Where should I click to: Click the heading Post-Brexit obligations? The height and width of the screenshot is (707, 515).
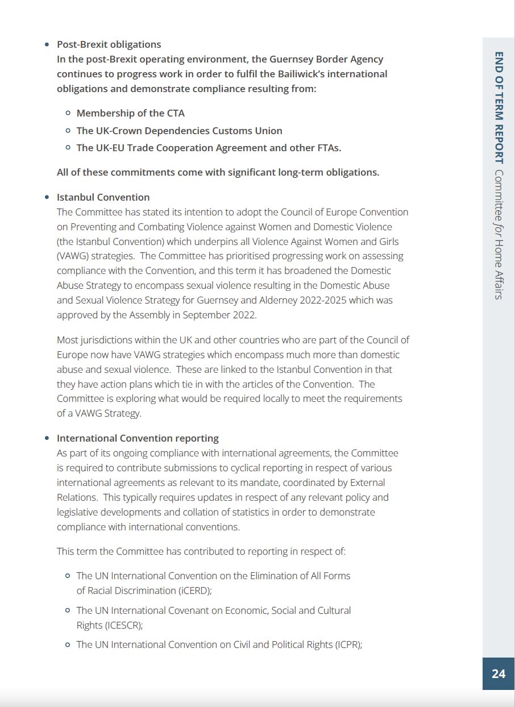tap(109, 44)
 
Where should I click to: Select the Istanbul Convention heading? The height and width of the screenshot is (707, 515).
tap(103, 197)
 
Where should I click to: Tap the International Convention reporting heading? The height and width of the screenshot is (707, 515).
tap(138, 438)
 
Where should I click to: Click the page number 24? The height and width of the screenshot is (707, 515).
tap(498, 673)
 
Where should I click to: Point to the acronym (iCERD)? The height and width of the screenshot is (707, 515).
tap(195, 590)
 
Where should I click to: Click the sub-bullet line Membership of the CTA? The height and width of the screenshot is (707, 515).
tap(130, 113)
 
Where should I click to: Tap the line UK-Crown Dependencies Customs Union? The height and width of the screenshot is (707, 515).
tap(179, 131)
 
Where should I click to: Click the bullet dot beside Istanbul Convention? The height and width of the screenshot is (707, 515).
tap(47, 197)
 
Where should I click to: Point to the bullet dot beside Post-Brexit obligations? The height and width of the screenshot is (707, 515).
tap(47, 44)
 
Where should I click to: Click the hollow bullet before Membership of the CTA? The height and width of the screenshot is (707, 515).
tap(68, 113)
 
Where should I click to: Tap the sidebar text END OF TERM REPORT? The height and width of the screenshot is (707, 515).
tap(499, 108)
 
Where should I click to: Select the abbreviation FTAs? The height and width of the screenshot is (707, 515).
tap(327, 148)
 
